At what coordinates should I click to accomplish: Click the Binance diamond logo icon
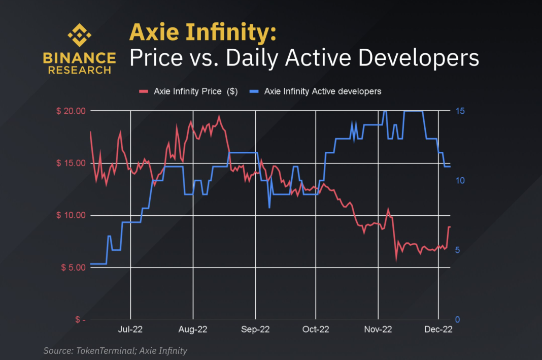(79, 36)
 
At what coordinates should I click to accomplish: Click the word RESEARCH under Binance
(79, 70)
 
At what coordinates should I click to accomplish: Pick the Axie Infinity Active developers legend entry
(322, 91)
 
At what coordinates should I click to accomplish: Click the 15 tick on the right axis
(459, 111)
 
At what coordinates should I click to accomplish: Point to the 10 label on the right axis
(459, 181)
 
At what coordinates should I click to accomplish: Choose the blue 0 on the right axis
(457, 319)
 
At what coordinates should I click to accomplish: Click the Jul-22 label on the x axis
(130, 329)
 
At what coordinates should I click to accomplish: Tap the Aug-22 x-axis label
(193, 329)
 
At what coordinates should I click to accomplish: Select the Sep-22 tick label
(256, 329)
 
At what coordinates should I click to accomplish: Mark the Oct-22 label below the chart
(316, 329)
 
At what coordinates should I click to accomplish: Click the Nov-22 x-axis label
(378, 329)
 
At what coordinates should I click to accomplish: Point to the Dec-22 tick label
(438, 329)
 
